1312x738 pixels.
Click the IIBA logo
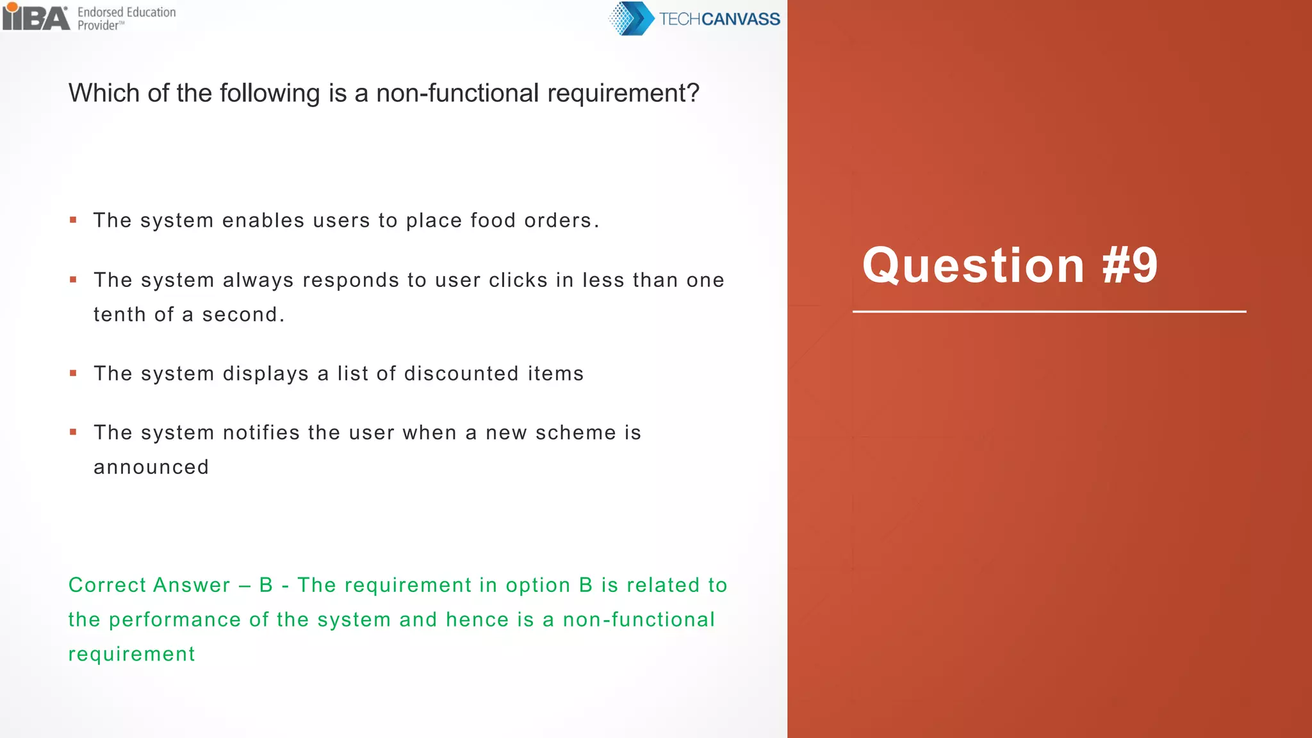pos(36,17)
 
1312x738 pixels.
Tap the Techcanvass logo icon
pos(630,19)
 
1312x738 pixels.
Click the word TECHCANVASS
pos(719,19)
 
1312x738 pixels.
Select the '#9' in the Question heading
pos(1129,265)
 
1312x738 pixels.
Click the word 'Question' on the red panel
pos(973,265)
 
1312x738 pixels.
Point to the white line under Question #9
pos(1049,312)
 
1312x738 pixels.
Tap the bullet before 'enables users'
pos(73,220)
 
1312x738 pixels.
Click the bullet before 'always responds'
pos(73,280)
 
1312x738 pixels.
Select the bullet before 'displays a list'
pos(73,373)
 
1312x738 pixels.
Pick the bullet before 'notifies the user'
pos(73,432)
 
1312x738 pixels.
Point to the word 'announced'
pos(151,467)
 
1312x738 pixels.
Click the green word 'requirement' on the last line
pos(131,654)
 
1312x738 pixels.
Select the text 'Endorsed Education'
pos(126,12)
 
